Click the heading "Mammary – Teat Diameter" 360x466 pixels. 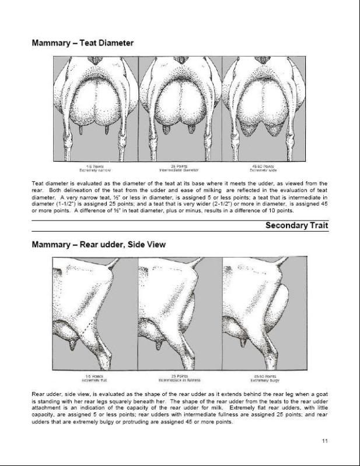[82, 43]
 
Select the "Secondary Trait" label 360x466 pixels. [296, 225]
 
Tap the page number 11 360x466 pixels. [324, 440]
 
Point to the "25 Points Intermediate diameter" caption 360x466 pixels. [180, 167]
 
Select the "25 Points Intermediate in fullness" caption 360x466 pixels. [180, 377]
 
